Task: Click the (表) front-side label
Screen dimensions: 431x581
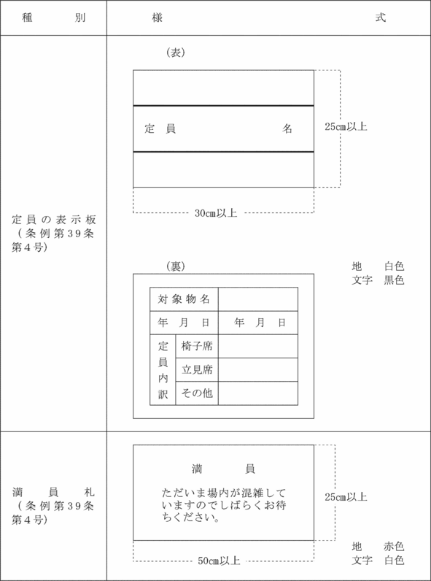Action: coord(176,53)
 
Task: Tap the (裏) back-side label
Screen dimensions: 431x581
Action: coord(176,266)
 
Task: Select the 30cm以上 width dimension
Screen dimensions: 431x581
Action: coord(216,213)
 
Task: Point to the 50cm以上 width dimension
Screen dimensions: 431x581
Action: coord(219,561)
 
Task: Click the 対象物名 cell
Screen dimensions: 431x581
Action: coord(184,299)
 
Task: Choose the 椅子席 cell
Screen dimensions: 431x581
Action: coord(197,346)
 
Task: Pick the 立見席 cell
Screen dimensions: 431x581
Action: coord(197,370)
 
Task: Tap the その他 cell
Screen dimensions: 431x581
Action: coord(197,393)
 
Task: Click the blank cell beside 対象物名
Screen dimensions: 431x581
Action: coord(258,299)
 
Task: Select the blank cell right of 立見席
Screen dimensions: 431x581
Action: coord(258,370)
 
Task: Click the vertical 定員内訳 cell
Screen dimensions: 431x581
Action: coord(163,370)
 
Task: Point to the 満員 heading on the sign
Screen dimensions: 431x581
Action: coord(223,469)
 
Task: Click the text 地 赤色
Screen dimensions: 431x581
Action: coord(378,547)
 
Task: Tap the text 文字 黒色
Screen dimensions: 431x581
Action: coord(378,280)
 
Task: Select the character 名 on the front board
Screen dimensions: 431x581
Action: coord(287,128)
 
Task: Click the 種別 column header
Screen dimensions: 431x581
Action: coord(54,18)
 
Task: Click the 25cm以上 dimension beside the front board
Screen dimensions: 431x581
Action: coord(346,127)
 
